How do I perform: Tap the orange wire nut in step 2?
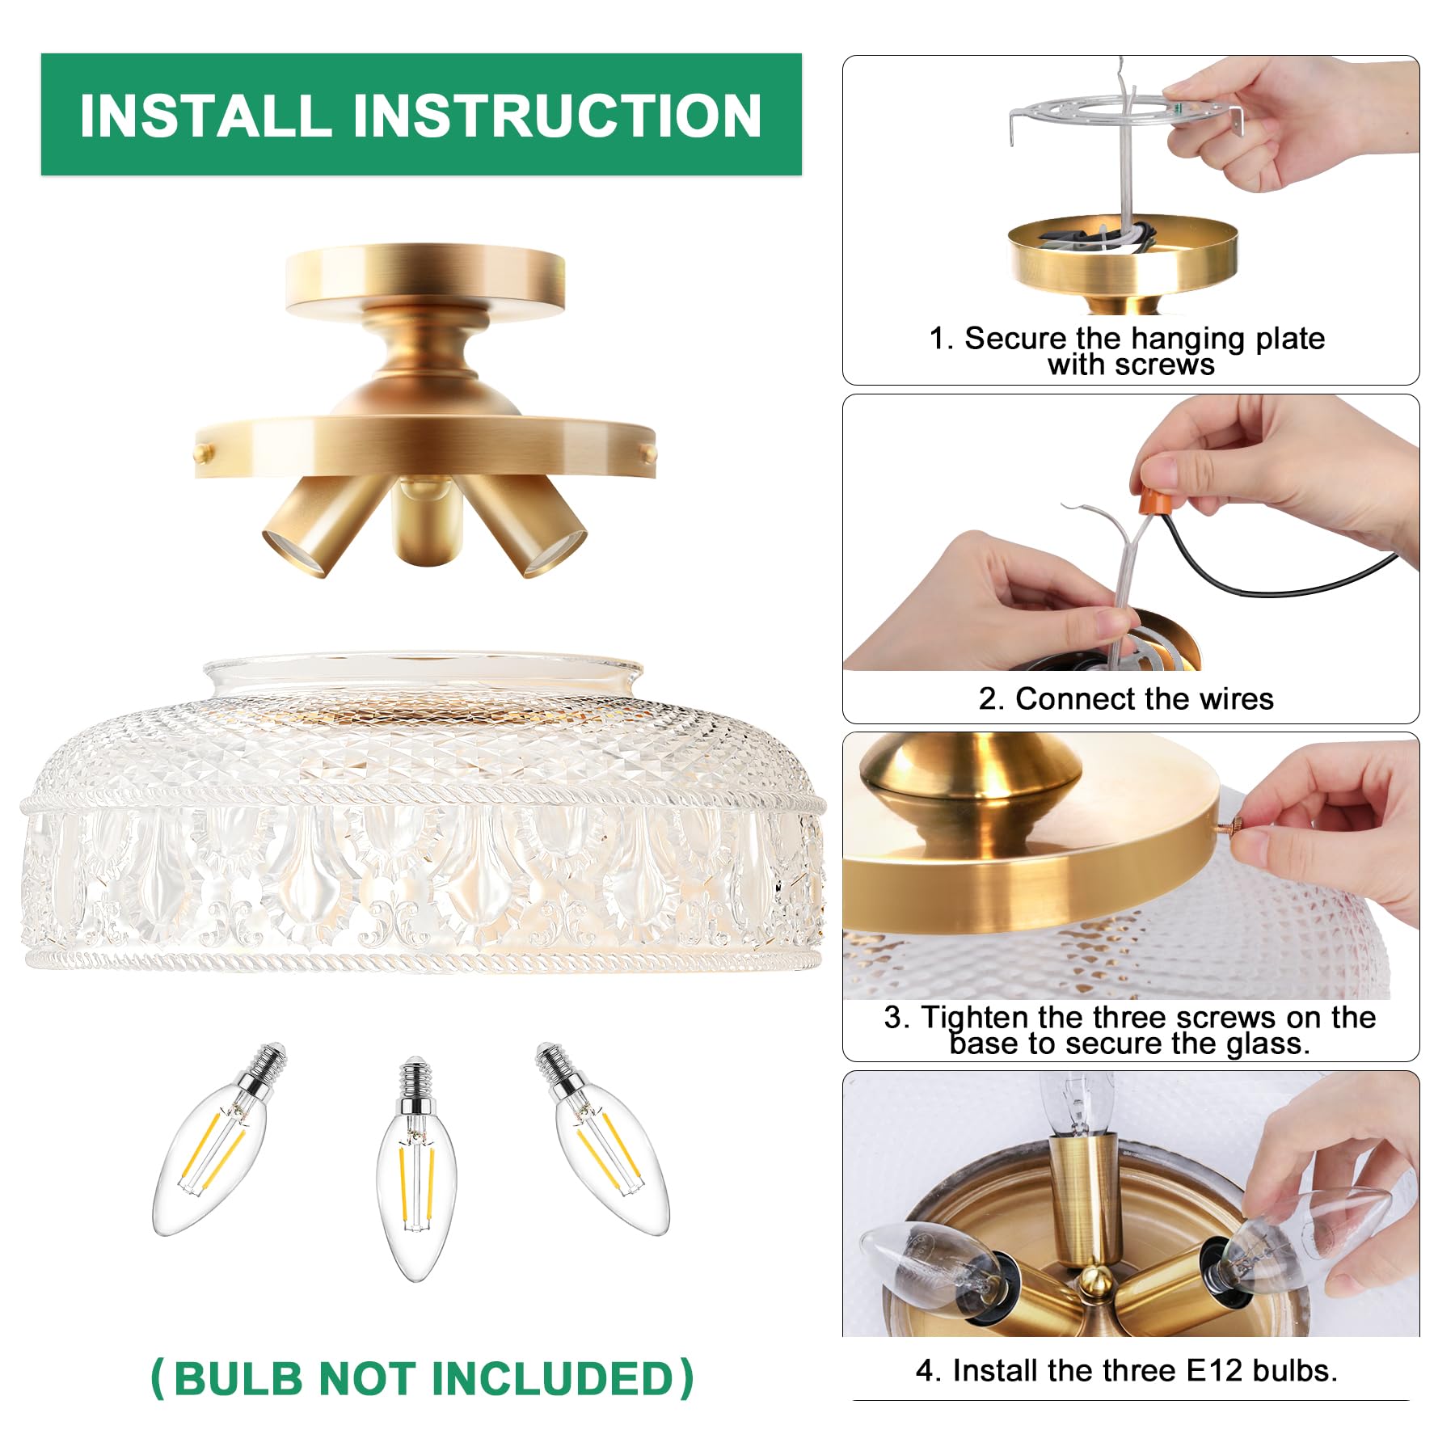1158,494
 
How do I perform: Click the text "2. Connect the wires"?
1125,698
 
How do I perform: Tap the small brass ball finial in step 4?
1095,1278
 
